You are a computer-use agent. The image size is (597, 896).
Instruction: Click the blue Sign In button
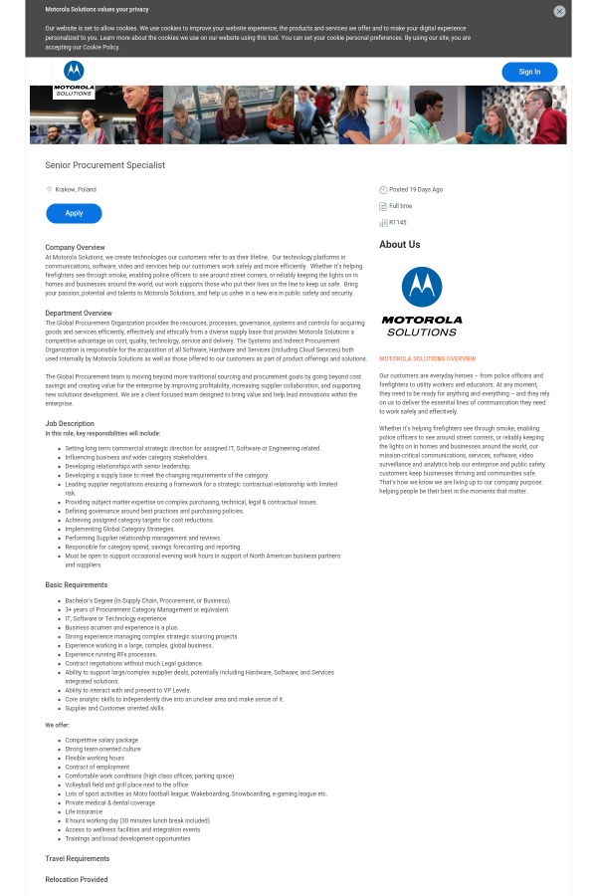point(529,72)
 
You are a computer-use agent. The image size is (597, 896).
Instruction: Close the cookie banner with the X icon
point(559,11)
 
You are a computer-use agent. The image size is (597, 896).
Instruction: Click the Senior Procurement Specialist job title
point(104,165)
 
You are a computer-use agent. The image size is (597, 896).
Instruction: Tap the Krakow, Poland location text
point(76,189)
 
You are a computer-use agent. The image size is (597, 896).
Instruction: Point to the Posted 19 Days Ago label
point(416,189)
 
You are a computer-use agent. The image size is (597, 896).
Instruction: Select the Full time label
point(400,206)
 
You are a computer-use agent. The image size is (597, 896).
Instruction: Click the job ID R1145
point(398,222)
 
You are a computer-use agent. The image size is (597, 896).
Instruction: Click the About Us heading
point(400,245)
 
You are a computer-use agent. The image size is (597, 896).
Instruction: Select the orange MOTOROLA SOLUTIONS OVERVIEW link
point(428,358)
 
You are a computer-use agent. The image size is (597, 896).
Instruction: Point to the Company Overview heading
point(75,247)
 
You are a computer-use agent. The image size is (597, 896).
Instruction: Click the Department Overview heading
point(79,313)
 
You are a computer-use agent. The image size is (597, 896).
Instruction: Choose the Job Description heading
point(70,423)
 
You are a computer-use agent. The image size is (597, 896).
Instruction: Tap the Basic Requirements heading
point(76,584)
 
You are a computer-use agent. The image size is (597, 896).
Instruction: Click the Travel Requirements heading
point(78,858)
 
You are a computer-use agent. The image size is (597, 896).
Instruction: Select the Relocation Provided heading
point(77,880)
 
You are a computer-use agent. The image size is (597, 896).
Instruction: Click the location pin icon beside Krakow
point(49,189)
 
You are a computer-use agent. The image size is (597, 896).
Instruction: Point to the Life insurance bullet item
point(84,811)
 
